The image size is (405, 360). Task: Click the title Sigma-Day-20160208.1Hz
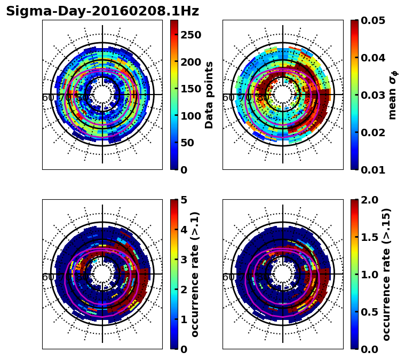[x=102, y=11]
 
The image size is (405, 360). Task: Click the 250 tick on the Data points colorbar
[x=190, y=35]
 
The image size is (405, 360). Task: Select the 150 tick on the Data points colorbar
[x=190, y=89]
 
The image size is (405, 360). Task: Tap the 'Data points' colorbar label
[x=209, y=95]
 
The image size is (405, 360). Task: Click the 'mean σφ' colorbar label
[x=393, y=95]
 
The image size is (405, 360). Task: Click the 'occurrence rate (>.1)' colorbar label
[x=195, y=275]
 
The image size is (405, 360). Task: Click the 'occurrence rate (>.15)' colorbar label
[x=387, y=275]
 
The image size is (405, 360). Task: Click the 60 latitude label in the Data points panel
[x=47, y=98]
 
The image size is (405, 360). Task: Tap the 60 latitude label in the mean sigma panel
[x=228, y=98]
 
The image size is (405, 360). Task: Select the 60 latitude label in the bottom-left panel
[x=47, y=277]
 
